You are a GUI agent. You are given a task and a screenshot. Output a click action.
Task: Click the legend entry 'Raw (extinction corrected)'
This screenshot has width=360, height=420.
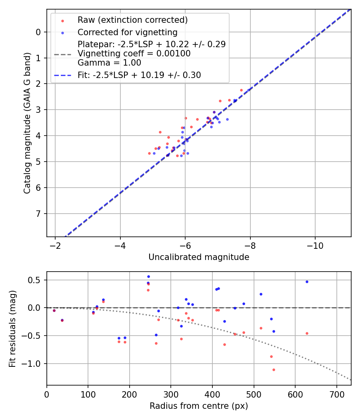[132, 20]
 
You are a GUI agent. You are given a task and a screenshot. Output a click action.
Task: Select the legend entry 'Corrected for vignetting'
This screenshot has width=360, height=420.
[127, 32]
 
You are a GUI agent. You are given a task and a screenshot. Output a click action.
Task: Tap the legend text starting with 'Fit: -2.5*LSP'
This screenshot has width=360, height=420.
[139, 75]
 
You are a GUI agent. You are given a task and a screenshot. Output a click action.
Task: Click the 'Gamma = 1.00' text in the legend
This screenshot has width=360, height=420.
[109, 63]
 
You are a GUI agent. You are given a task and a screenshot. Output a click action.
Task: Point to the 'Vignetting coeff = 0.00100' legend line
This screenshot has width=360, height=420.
[134, 54]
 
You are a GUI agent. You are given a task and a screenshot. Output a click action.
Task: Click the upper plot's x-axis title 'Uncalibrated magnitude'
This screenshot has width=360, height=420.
[199, 257]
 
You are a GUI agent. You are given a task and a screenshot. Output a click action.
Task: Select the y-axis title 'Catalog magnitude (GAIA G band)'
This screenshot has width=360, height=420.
[27, 122]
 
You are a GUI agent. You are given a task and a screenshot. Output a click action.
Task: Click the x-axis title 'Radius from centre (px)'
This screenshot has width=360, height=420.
[199, 406]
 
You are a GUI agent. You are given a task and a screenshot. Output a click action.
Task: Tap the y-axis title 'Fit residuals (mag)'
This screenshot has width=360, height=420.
[13, 328]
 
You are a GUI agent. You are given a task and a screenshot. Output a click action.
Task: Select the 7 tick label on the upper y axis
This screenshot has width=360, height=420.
[38, 214]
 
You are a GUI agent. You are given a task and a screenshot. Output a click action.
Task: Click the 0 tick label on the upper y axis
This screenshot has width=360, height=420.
[38, 32]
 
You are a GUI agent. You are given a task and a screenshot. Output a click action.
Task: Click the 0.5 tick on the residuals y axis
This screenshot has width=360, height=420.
[35, 280]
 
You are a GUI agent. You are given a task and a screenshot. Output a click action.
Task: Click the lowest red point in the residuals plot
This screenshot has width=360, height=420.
[274, 370]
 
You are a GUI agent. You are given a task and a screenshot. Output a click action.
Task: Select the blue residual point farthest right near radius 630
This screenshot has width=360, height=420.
[307, 282]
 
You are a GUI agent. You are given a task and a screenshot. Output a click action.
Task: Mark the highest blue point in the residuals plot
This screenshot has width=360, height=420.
[148, 276]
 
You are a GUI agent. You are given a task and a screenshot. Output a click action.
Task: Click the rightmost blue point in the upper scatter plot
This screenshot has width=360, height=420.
[248, 90]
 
